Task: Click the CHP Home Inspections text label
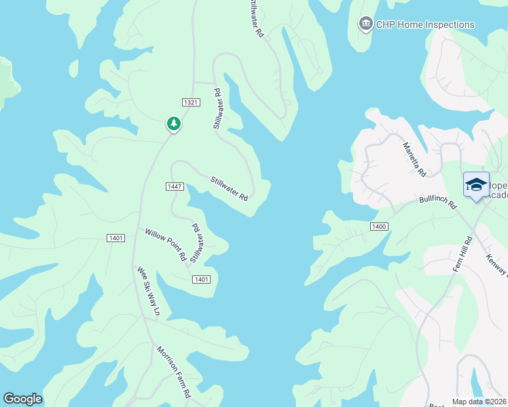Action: pyautogui.click(x=427, y=24)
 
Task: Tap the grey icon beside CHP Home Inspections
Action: pyautogui.click(x=366, y=24)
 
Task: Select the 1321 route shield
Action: pyautogui.click(x=192, y=102)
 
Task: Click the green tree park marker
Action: pyautogui.click(x=174, y=123)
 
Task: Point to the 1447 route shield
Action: pyautogui.click(x=175, y=186)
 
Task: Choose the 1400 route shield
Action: pyautogui.click(x=379, y=225)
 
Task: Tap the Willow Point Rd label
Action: pyautogui.click(x=165, y=245)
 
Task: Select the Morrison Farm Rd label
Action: pyautogui.click(x=175, y=372)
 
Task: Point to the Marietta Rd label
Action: pyautogui.click(x=414, y=159)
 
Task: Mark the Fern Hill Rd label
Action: pyautogui.click(x=462, y=254)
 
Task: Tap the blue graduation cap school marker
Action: pyautogui.click(x=476, y=185)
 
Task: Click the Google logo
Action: pyautogui.click(x=22, y=399)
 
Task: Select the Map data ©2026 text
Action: pyautogui.click(x=479, y=402)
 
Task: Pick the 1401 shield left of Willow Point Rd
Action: pyautogui.click(x=115, y=237)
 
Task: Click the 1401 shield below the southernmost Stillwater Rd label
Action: pyautogui.click(x=201, y=279)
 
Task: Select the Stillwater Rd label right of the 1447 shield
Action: pyautogui.click(x=229, y=188)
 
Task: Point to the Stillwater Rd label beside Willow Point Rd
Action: pyautogui.click(x=197, y=243)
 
